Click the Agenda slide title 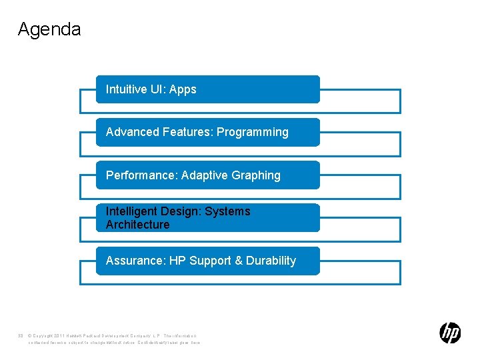49,29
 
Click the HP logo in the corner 450,333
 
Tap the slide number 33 21,335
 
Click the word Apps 183,89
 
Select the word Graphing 256,175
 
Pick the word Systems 227,211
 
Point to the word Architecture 137,225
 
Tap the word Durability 271,261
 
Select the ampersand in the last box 239,261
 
